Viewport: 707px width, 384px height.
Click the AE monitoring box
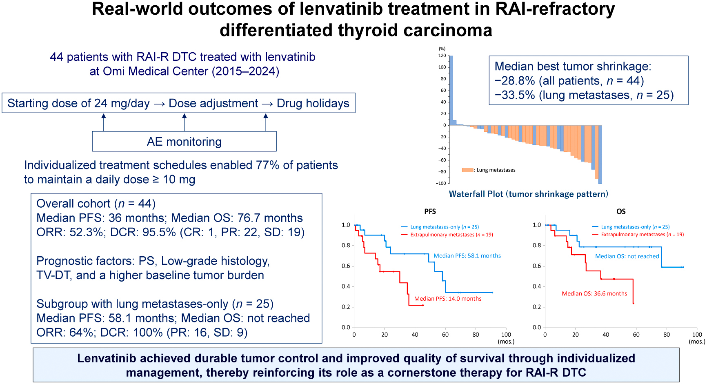pos(184,142)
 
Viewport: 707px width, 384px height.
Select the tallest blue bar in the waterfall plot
pos(451,90)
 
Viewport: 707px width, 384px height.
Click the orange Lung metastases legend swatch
pos(467,170)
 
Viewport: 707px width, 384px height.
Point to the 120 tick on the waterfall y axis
pos(442,55)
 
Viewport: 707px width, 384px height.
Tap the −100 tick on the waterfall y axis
pos(441,183)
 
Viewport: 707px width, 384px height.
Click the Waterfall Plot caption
pos(528,194)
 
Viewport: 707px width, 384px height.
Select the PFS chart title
pos(430,211)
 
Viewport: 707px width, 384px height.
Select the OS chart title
pos(621,211)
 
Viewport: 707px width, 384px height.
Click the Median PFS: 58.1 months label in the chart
pos(467,256)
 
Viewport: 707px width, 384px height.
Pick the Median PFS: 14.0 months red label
pos(448,299)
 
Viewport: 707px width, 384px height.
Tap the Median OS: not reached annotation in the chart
pos(627,256)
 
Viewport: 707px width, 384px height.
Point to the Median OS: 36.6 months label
pos(594,293)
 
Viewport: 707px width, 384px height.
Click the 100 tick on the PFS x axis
pos(506,335)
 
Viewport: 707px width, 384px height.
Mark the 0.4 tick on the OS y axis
pos(537,286)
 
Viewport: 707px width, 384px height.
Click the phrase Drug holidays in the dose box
pos(313,103)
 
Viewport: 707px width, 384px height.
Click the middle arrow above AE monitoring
pos(185,122)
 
